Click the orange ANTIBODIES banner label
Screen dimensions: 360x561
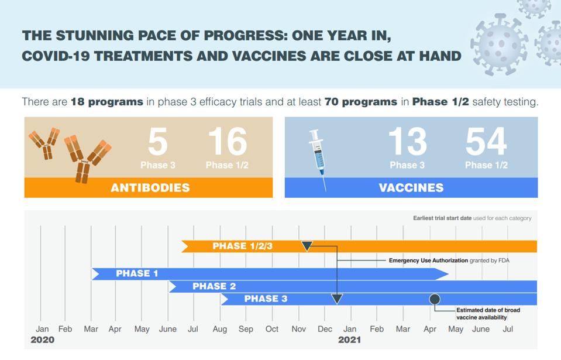click(150, 188)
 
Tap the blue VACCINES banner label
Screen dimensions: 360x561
click(411, 188)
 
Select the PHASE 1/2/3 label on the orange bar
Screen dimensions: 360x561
click(242, 246)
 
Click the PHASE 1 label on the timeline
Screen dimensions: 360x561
click(137, 273)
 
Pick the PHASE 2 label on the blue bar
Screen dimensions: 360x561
click(214, 286)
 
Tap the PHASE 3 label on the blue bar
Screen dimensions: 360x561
click(266, 299)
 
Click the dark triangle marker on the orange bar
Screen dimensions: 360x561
click(307, 246)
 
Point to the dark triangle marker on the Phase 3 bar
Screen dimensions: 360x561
click(337, 300)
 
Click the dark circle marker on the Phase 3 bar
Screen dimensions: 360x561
click(435, 299)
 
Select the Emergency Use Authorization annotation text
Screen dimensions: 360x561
click(449, 260)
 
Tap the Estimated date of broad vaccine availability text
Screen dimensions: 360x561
click(488, 314)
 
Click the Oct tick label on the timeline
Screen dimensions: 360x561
click(272, 329)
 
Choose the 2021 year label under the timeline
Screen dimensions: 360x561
click(349, 340)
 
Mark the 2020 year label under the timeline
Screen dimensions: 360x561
click(42, 340)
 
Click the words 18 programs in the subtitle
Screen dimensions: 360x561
click(107, 102)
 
